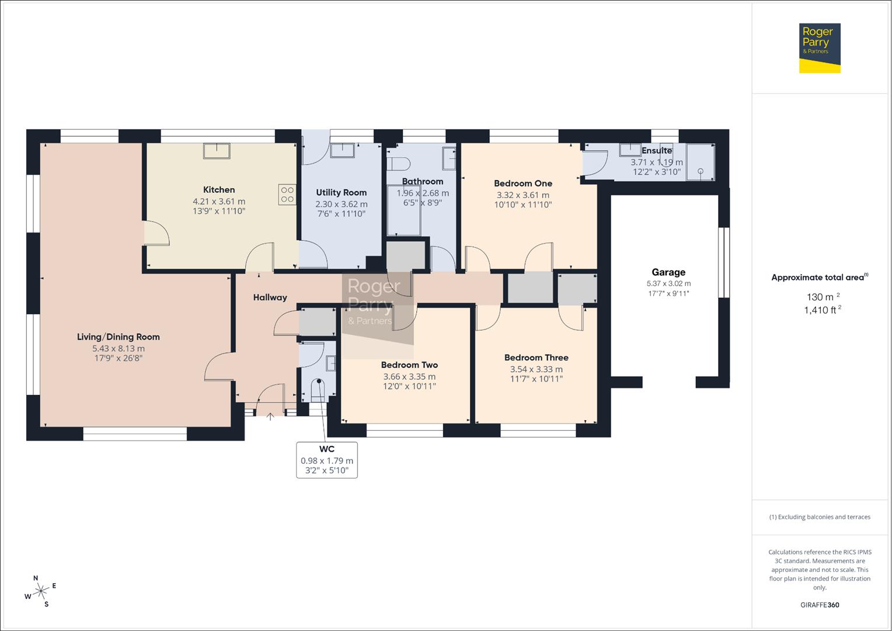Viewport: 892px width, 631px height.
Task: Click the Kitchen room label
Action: (x=219, y=190)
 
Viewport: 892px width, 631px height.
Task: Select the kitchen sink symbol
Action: (x=217, y=151)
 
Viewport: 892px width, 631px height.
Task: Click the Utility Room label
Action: (x=342, y=193)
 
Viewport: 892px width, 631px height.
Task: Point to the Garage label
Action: (x=668, y=272)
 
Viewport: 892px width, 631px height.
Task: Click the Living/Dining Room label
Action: (x=119, y=337)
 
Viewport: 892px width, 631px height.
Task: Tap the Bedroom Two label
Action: (x=409, y=365)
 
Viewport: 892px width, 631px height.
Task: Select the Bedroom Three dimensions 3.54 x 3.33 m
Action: (x=536, y=369)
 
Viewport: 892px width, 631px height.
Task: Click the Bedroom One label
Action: (x=523, y=183)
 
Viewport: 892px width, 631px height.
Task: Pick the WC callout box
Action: (x=327, y=460)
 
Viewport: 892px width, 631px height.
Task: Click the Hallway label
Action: (x=270, y=297)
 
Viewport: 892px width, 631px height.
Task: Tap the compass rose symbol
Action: (x=41, y=591)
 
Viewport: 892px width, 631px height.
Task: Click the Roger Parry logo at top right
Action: (x=820, y=48)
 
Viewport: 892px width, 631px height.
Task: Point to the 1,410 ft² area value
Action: (x=822, y=310)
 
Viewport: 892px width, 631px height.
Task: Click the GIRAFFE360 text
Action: (x=820, y=605)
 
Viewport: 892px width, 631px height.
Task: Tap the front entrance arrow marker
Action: (x=270, y=416)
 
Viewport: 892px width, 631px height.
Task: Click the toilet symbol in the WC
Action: (x=317, y=390)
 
